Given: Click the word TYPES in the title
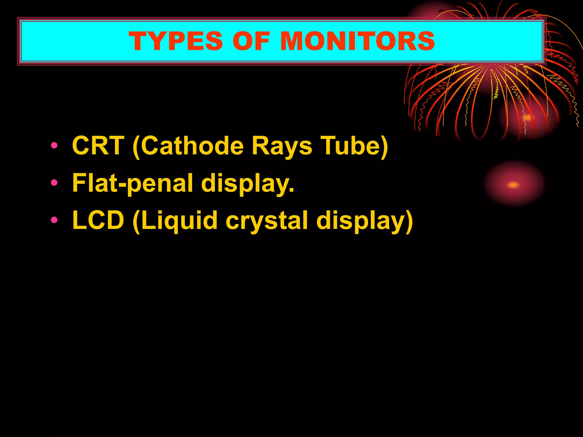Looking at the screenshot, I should tap(175, 41).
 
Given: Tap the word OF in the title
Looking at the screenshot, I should tap(251, 41).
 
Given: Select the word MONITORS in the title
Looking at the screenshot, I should tap(358, 41).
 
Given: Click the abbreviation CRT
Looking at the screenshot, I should tap(98, 146).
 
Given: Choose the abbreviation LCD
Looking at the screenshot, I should tap(98, 220).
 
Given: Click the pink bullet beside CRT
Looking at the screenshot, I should tap(54, 146).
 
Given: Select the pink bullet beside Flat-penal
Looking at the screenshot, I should tap(54, 183).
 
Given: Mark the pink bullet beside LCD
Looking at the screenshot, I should tap(54, 220).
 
